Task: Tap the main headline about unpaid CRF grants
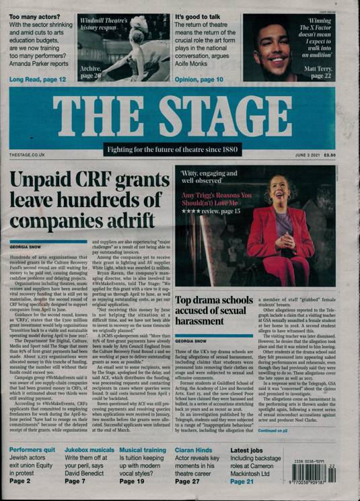[87, 200]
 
